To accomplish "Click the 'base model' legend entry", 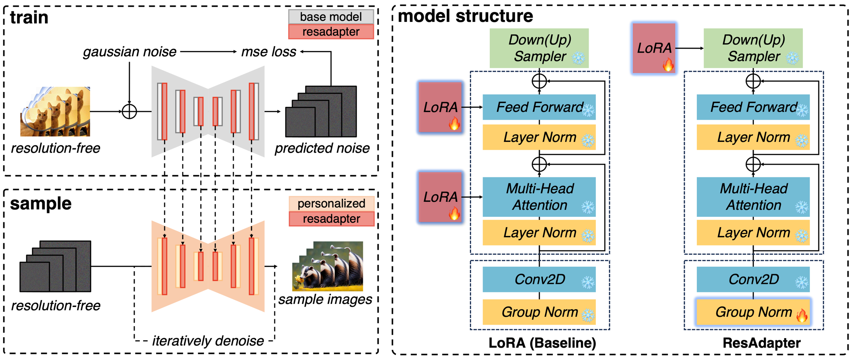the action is (x=331, y=17).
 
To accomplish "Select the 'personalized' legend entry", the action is (x=331, y=204).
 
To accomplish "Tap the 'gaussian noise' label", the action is (x=130, y=52).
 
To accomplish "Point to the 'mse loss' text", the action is (x=268, y=52).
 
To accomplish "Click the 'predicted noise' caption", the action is (x=322, y=148).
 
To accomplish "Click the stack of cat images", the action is (x=55, y=112).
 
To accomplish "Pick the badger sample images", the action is (x=327, y=266).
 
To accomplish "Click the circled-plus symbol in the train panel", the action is (x=129, y=112).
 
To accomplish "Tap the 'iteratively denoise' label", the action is (x=208, y=341).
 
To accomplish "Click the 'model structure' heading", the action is (x=466, y=16).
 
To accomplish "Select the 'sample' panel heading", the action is (x=41, y=204).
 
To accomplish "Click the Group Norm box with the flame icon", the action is (x=753, y=312).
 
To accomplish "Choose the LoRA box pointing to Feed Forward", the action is (x=440, y=107).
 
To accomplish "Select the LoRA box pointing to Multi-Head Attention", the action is (x=440, y=197).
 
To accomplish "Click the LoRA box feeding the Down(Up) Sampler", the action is (x=654, y=48).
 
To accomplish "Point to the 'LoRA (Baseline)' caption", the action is (x=542, y=343).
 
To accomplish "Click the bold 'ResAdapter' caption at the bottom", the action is (x=761, y=343).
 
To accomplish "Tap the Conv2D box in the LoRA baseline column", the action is (x=539, y=280).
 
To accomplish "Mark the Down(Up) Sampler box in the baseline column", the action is (x=539, y=48).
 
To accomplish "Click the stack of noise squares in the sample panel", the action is (x=55, y=266).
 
